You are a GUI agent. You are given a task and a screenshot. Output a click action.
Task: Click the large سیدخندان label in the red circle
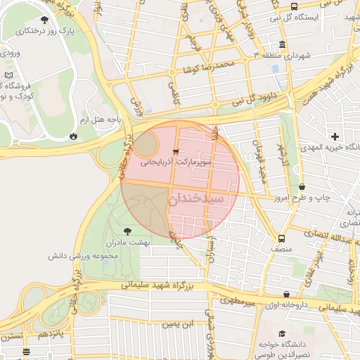pos(197,199)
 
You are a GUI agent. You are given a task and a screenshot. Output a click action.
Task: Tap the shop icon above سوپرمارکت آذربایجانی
pos(175,151)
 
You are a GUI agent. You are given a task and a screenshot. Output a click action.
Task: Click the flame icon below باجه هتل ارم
pos(74,135)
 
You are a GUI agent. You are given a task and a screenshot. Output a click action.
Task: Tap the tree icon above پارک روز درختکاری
pos(46,20)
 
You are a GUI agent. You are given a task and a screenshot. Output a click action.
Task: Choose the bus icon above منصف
pos(282,238)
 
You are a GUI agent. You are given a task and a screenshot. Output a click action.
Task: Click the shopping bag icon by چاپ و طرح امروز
pos(302,187)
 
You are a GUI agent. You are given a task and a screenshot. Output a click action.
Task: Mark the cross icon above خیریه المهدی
pos(335,136)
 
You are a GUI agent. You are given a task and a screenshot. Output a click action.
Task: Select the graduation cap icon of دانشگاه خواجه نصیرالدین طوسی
pos(282,334)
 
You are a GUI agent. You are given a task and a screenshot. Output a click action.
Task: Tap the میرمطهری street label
pos(235,301)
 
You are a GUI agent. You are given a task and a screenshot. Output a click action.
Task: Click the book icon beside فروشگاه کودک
pos(8,75)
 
